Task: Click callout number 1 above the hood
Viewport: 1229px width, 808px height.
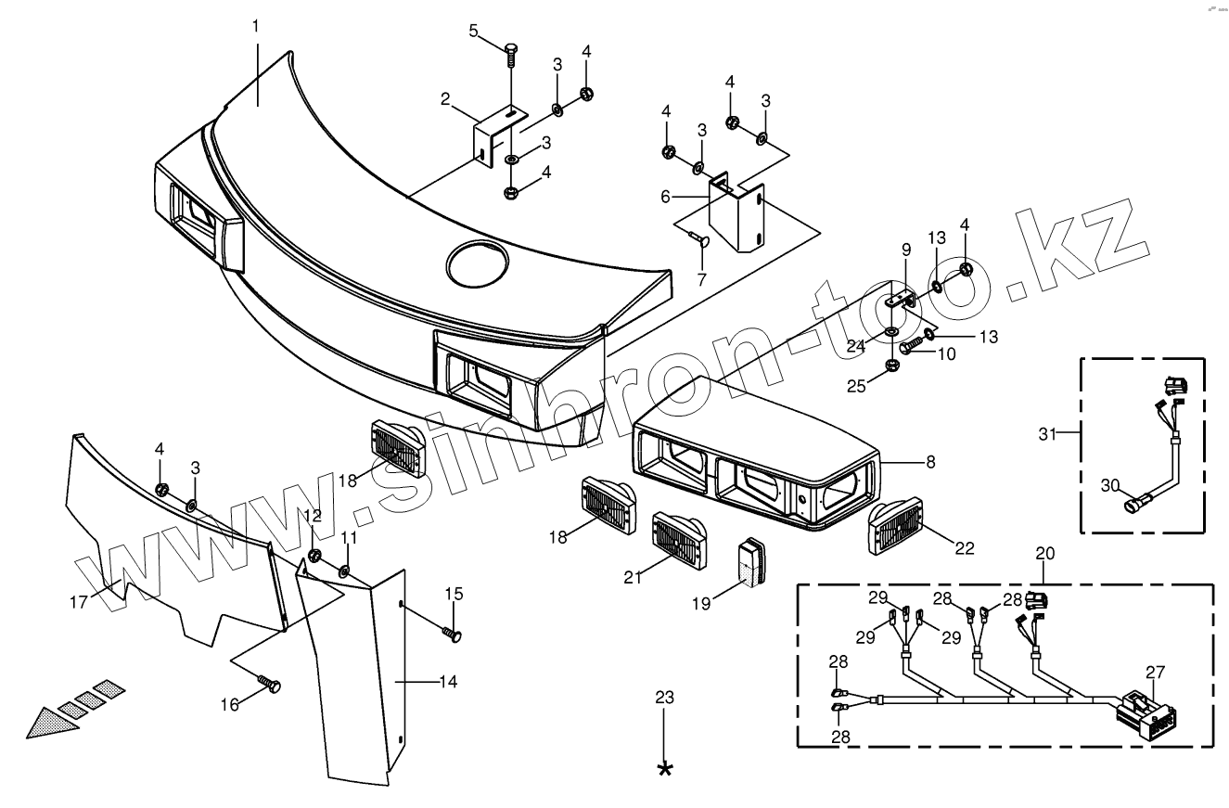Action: pos(255,26)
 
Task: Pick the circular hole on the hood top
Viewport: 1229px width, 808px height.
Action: pos(478,263)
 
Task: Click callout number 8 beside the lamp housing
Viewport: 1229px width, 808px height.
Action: pos(930,461)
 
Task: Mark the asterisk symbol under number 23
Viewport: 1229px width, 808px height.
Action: pos(665,769)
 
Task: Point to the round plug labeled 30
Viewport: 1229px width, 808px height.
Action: pos(1133,506)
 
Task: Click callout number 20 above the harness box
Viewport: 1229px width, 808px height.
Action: pos(1045,553)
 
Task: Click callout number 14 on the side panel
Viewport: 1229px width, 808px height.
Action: pos(448,682)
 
